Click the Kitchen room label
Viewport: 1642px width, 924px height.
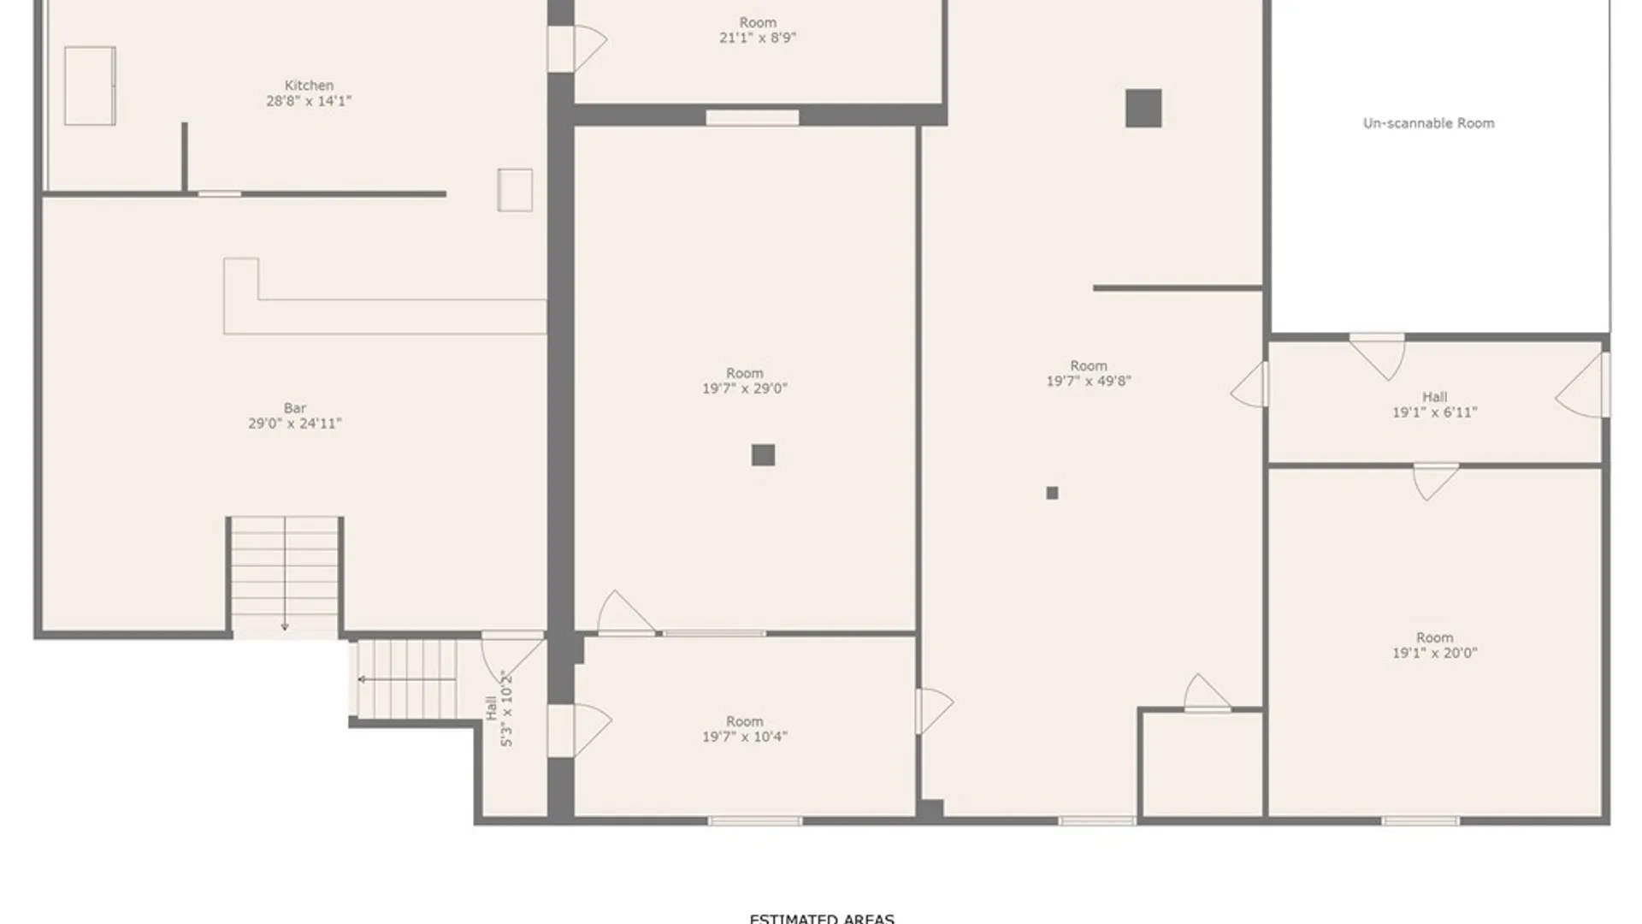coord(309,86)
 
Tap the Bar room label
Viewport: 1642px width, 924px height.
coord(295,408)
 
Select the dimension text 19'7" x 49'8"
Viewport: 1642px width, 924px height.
coord(1088,382)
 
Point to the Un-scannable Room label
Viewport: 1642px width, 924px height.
coord(1428,123)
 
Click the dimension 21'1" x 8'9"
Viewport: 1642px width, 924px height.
coord(757,38)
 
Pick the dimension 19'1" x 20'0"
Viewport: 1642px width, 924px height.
coord(1434,653)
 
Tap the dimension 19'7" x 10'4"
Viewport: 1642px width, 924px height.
coord(744,737)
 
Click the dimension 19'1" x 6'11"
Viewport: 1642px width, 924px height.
coord(1434,412)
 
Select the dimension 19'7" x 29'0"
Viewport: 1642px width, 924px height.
coord(744,388)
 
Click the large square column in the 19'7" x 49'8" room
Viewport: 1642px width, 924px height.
coord(1143,109)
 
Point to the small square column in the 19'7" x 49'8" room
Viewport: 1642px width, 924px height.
coord(1052,493)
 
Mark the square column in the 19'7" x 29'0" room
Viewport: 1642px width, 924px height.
coord(763,455)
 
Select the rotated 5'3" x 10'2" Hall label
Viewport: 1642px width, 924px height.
coord(499,708)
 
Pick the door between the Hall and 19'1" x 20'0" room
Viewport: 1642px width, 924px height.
coord(1435,481)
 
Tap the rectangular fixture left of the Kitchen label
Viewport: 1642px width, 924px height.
coord(90,86)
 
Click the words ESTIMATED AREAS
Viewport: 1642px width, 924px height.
coord(821,918)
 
